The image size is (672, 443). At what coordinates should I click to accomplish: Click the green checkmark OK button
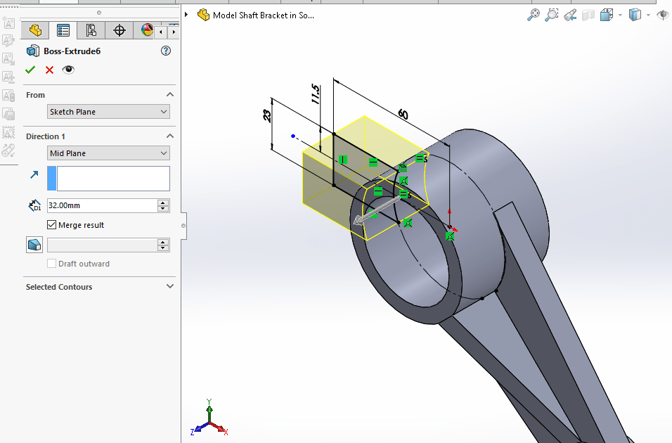coord(30,70)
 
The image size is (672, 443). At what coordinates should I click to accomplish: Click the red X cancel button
coord(49,70)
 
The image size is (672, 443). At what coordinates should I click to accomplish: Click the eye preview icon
coord(68,70)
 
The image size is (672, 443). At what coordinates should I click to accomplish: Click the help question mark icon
coord(166,51)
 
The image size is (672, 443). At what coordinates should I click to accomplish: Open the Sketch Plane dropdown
coord(109,112)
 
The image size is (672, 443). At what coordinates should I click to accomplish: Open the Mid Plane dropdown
coord(109,153)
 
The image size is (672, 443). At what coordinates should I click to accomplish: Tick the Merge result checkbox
coord(51,225)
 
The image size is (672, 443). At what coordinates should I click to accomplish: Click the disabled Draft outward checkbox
coord(51,264)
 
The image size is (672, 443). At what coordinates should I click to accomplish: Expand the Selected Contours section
coord(170,287)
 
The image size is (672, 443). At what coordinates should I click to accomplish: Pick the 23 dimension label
coord(268,115)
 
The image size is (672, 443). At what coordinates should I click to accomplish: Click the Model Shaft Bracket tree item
coord(264,15)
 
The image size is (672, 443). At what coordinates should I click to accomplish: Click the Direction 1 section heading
coord(46,136)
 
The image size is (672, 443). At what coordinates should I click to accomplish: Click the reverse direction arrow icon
coord(34,175)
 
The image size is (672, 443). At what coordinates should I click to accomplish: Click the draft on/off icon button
coord(34,245)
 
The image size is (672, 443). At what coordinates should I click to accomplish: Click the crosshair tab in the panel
coord(119,30)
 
